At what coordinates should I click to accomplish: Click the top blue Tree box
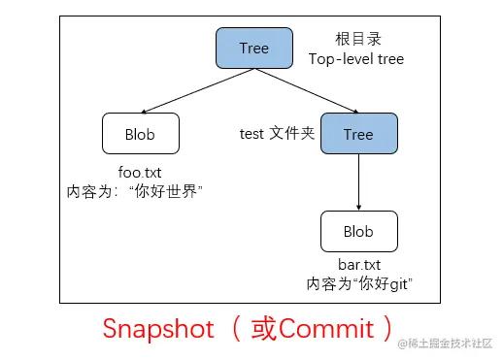click(254, 49)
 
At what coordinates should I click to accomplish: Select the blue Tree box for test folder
click(358, 134)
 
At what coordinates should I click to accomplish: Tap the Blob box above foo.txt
click(140, 134)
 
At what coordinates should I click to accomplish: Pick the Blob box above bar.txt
click(358, 233)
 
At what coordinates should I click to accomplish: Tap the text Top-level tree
click(355, 59)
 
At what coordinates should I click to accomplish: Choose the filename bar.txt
click(358, 265)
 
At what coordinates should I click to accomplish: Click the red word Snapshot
click(157, 329)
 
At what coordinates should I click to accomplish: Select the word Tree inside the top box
click(254, 49)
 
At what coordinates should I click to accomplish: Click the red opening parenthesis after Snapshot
click(235, 329)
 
